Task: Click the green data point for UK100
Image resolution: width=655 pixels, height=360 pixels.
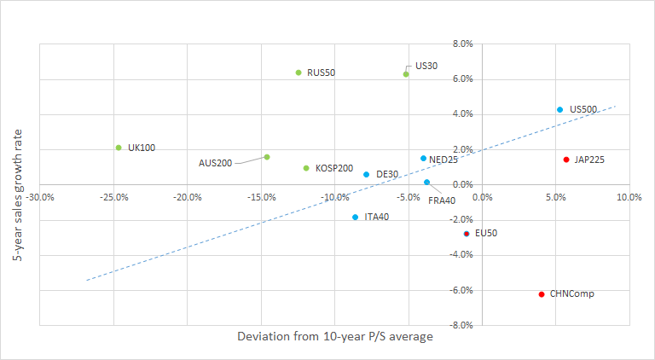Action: pos(119,148)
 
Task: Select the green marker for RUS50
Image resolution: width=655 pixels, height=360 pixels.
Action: pos(299,73)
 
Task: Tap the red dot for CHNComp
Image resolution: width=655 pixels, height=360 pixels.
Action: pos(542,294)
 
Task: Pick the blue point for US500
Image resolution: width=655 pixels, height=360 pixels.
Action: pos(559,109)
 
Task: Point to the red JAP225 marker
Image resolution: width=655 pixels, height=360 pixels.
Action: pos(565,160)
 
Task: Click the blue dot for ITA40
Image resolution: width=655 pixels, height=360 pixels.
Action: pos(355,218)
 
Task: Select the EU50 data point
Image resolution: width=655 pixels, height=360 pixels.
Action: pos(467,233)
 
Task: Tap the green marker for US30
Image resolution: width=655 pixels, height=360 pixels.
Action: pos(406,74)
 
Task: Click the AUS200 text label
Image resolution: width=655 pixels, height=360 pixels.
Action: pos(215,163)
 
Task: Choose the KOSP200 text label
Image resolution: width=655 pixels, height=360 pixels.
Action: pos(333,169)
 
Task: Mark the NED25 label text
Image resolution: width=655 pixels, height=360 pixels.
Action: pos(444,160)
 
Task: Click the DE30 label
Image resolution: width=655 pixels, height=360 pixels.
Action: pos(387,175)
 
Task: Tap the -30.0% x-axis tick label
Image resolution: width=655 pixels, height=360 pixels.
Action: pos(40,197)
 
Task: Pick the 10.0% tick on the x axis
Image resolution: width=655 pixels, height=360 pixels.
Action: pos(629,197)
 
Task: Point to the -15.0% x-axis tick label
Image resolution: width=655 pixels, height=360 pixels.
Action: pos(261,197)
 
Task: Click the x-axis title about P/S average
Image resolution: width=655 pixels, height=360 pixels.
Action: pos(334,337)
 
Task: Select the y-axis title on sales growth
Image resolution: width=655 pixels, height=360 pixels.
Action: pos(18,184)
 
